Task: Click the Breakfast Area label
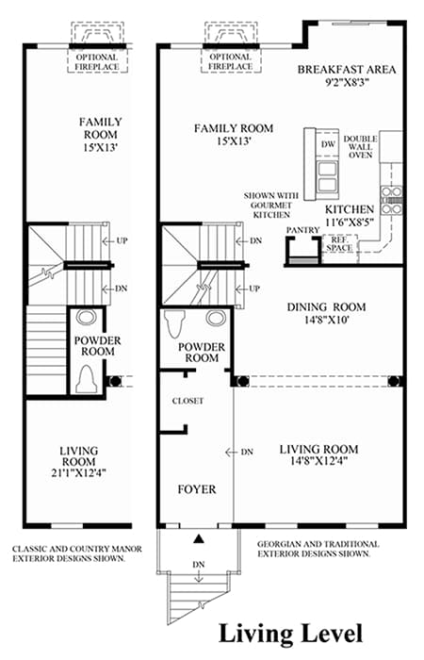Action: coord(347,70)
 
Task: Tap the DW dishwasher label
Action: coord(328,144)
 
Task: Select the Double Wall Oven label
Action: coord(361,147)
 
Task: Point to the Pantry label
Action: coord(302,230)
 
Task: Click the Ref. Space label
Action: coord(339,244)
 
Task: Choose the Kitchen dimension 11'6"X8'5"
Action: coord(350,222)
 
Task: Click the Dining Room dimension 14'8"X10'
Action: coord(326,320)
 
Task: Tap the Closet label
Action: coord(188,401)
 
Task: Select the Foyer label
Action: coord(196,489)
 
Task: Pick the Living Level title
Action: coord(290,634)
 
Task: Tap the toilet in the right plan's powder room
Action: coord(172,323)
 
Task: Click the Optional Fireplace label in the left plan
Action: coord(97,62)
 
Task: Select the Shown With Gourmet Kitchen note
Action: coord(271,205)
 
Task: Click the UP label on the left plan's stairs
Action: coord(122,241)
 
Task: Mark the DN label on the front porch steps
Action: coord(199,565)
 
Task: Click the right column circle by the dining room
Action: coord(394,381)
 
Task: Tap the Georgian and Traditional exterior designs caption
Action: coord(318,549)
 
